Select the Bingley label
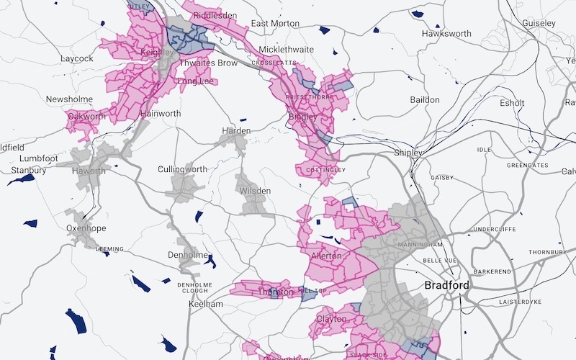pyautogui.click(x=302, y=117)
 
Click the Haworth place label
pyautogui.click(x=89, y=171)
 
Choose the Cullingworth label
pyautogui.click(x=182, y=170)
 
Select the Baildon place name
pyautogui.click(x=424, y=99)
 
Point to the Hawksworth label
pyautogui.click(x=446, y=34)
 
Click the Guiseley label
pyautogui.click(x=539, y=24)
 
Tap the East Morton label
pyautogui.click(x=275, y=24)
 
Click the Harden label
pyautogui.click(x=236, y=131)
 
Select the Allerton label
pyautogui.click(x=326, y=256)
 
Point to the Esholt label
pyautogui.click(x=512, y=103)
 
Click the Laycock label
pyautogui.click(x=77, y=58)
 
